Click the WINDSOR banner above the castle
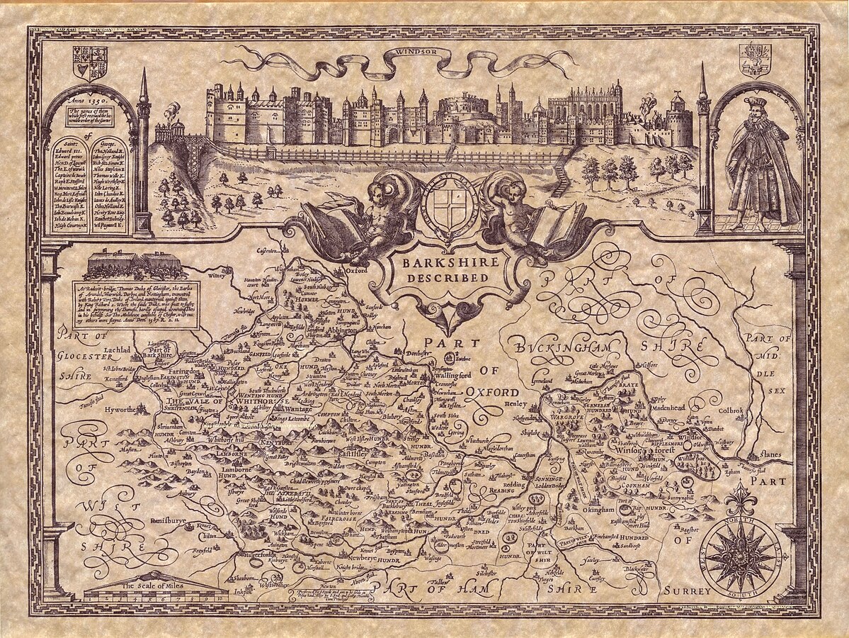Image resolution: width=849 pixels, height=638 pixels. coord(414,52)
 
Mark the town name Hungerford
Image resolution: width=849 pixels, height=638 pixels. coord(254,554)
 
